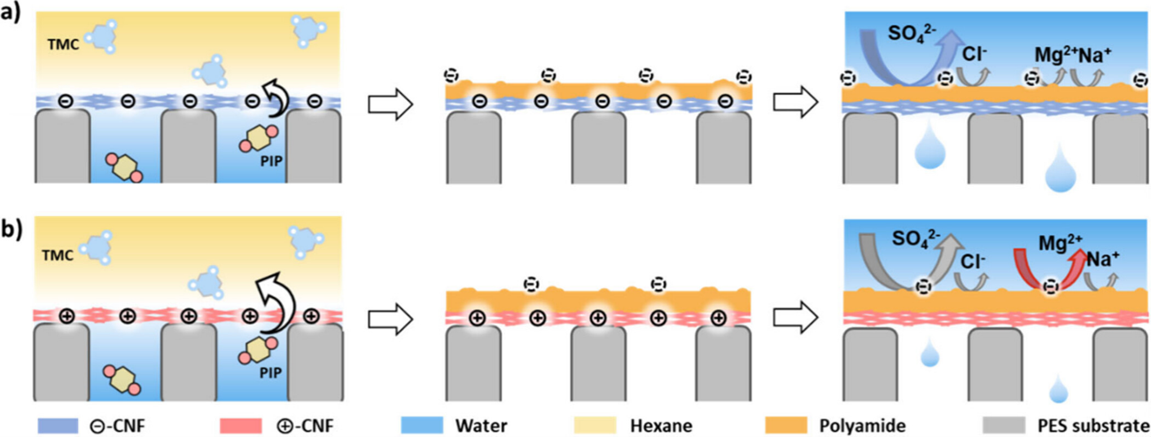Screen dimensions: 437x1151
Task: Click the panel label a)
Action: pyautogui.click(x=12, y=16)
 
